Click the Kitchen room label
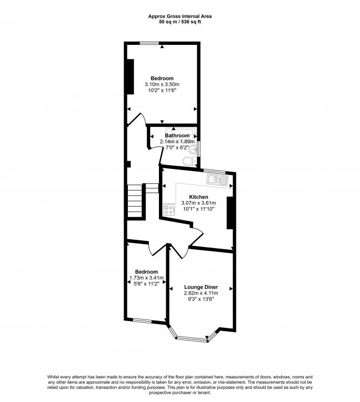click(x=198, y=197)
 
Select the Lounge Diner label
click(x=201, y=287)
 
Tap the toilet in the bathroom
click(x=188, y=160)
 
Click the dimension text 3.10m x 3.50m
click(x=162, y=84)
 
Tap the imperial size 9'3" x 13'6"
click(x=201, y=299)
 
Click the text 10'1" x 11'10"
click(x=198, y=209)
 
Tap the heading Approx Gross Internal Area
click(x=180, y=17)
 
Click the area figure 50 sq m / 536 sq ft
click(x=180, y=22)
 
